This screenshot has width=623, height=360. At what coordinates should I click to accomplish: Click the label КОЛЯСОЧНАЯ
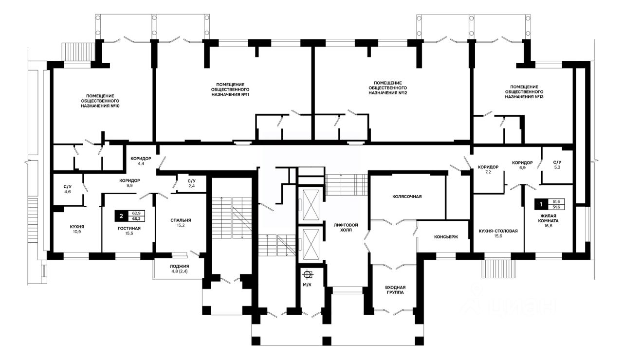coord(407,197)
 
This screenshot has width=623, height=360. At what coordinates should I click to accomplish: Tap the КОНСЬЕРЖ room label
coord(446,237)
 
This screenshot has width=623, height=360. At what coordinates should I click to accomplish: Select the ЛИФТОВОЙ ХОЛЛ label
coord(346,227)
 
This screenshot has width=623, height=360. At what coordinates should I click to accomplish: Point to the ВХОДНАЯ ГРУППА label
coord(395,290)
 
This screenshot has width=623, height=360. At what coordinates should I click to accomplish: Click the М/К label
coord(307,285)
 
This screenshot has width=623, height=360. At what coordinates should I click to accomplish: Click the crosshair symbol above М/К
coord(307,275)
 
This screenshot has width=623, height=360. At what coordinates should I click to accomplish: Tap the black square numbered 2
coord(121,216)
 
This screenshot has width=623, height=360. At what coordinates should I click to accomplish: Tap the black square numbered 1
coord(541,204)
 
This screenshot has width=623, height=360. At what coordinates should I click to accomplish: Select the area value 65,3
coord(136,219)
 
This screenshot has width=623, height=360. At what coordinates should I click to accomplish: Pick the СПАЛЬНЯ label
coord(181,220)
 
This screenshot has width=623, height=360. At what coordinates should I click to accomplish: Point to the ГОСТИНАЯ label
coord(129,228)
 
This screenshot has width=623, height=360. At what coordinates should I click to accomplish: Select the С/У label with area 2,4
coord(192,181)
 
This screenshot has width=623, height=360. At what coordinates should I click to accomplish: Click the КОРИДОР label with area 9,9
coord(129,180)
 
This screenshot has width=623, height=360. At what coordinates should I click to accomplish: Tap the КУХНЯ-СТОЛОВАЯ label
coord(498,231)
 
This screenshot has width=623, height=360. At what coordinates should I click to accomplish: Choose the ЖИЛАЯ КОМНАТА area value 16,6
coord(549,226)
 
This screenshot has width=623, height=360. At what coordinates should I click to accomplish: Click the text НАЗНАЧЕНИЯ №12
coord(388,93)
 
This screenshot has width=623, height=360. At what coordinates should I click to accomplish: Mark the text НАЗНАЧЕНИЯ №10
coord(100,106)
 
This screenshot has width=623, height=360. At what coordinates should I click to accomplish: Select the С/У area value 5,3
coord(557,167)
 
